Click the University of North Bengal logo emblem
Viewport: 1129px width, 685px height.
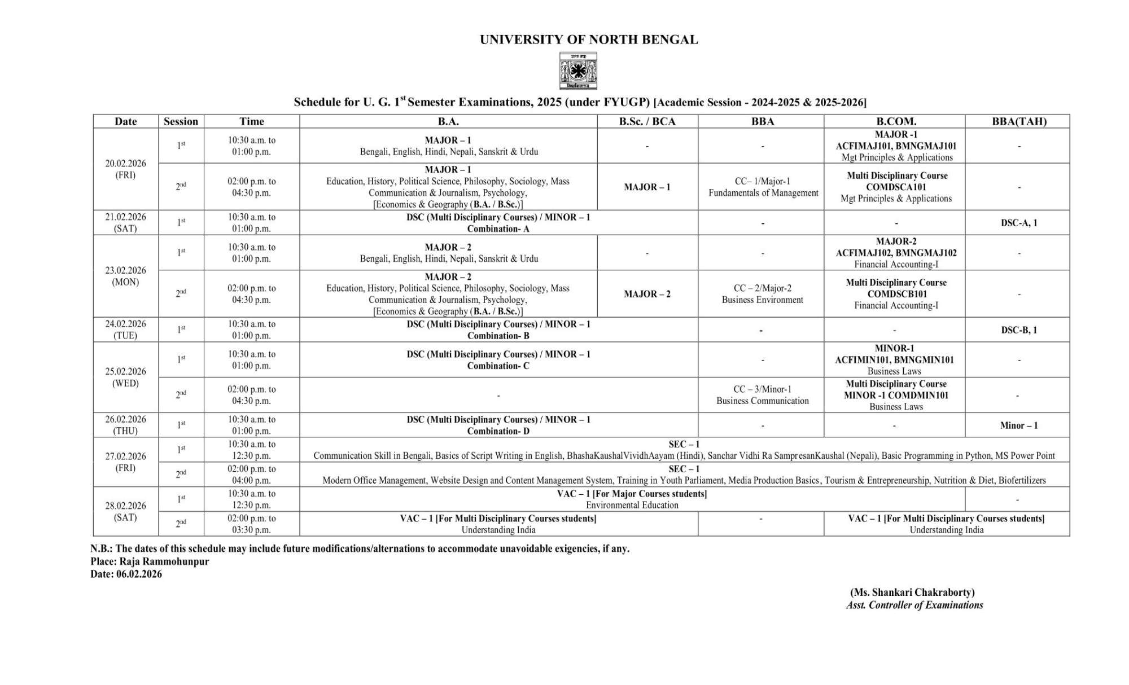click(x=578, y=71)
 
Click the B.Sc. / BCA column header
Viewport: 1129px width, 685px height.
click(x=647, y=121)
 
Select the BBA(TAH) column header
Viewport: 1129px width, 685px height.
click(x=1019, y=121)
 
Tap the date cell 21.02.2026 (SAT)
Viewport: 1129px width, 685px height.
click(x=125, y=222)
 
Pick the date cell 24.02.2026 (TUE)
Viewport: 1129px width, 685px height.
click(x=125, y=330)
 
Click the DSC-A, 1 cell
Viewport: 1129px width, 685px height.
click(x=1019, y=223)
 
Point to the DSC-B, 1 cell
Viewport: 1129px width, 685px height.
click(x=1019, y=330)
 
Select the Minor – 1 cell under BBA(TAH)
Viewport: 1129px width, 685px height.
click(x=1018, y=425)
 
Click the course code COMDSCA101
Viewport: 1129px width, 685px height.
click(x=896, y=187)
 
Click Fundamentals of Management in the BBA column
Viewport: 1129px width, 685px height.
click(x=763, y=193)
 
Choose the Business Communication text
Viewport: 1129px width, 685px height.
click(x=763, y=401)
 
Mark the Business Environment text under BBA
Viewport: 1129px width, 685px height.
click(x=762, y=300)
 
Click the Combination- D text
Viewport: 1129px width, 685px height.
click(x=498, y=431)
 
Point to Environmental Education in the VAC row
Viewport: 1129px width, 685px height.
click(x=632, y=505)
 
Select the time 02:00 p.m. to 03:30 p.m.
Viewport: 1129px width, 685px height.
click(x=251, y=524)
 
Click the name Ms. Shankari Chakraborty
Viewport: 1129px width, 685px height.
click(x=912, y=592)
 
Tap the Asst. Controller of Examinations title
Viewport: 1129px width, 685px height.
click(x=914, y=605)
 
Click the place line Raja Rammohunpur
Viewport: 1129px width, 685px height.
click(x=150, y=561)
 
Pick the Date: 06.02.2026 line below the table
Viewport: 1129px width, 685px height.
click(x=126, y=574)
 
